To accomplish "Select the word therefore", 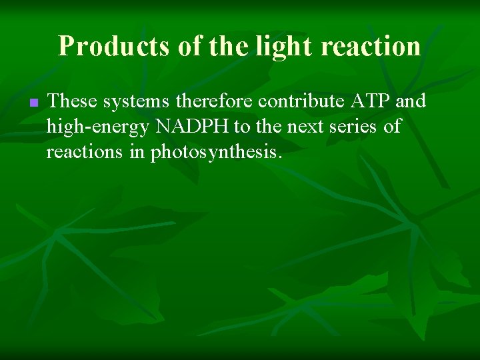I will pos(215,101).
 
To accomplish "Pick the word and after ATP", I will pos(411,101).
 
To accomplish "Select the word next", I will pos(305,127).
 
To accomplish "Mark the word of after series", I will pos(393,127).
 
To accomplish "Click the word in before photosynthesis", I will pos(136,153).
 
